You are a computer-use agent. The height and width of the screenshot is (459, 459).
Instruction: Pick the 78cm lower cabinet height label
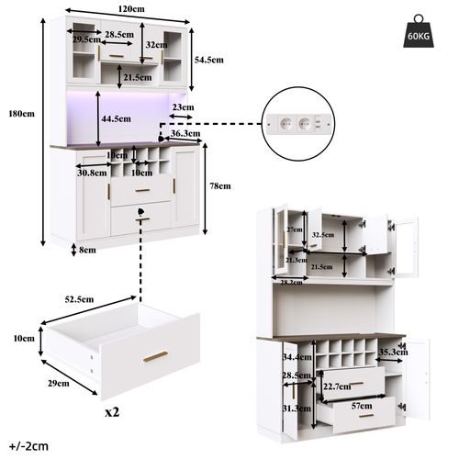pos(219,185)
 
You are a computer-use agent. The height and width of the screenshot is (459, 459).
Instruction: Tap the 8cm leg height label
pos(87,250)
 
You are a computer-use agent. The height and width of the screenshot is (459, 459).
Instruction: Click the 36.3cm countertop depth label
pos(186,132)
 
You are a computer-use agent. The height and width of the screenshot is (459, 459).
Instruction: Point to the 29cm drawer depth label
pos(59,383)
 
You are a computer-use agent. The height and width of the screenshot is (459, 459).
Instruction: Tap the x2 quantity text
pos(112,412)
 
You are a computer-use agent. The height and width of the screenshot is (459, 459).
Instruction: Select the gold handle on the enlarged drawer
pos(155,356)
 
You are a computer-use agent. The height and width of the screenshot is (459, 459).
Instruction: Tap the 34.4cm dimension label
pos(294,356)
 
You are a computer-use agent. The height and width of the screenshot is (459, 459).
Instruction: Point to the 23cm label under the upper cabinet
pos(182,106)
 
